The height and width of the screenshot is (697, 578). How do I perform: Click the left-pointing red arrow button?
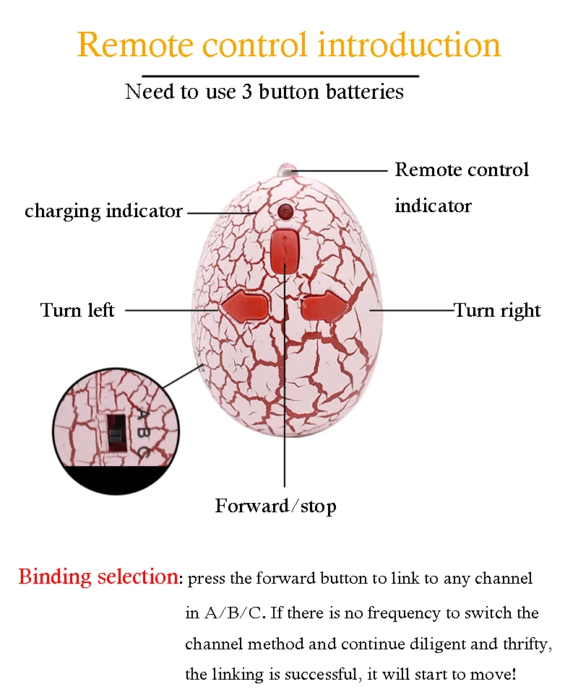pos(243,308)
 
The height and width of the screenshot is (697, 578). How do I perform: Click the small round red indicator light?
pos(284,212)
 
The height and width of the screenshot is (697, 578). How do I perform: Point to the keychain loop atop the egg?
pos(287,170)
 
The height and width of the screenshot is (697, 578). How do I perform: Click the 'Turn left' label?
pos(77,311)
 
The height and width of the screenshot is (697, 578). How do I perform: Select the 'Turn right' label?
pos(497,311)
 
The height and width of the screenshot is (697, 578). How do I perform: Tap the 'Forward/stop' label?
pos(275,507)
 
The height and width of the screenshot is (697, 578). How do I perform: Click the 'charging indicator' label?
pos(103,211)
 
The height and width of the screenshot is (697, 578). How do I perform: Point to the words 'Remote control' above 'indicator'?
pos(462,170)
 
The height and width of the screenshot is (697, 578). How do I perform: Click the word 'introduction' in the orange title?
pos(410,45)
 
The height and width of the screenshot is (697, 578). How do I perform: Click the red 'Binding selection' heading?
pos(98,577)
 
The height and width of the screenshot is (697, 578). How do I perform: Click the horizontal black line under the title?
pos(280,75)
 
